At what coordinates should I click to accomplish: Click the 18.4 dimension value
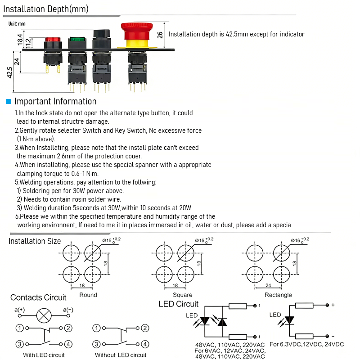tap(20, 39)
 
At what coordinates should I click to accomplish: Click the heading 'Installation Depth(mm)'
tap(46, 9)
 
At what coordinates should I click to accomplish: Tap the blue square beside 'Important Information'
tap(8, 102)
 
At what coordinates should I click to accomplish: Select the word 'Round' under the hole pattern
tap(88, 295)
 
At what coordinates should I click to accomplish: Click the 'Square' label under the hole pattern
tap(182, 295)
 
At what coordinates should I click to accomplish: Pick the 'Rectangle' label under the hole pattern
tap(278, 295)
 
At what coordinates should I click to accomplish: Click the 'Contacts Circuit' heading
tap(38, 297)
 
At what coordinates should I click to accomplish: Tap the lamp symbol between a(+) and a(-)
tap(44, 315)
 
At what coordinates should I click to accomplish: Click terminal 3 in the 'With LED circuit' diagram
tap(20, 344)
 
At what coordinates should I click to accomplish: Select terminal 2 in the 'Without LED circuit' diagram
tap(145, 328)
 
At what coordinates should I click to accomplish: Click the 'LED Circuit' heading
tap(179, 304)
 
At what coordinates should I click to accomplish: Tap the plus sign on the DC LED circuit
tap(333, 305)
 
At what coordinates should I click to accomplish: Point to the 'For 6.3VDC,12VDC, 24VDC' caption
tap(307, 344)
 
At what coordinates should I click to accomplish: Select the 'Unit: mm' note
tap(17, 24)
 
